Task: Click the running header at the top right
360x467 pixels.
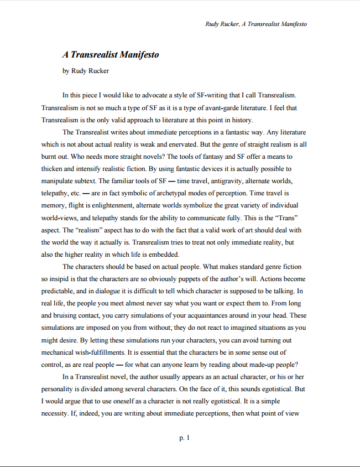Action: click(255, 24)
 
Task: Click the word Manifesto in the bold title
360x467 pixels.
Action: click(135, 55)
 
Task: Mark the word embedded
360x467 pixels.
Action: click(163, 255)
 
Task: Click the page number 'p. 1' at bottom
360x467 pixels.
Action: click(184, 438)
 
